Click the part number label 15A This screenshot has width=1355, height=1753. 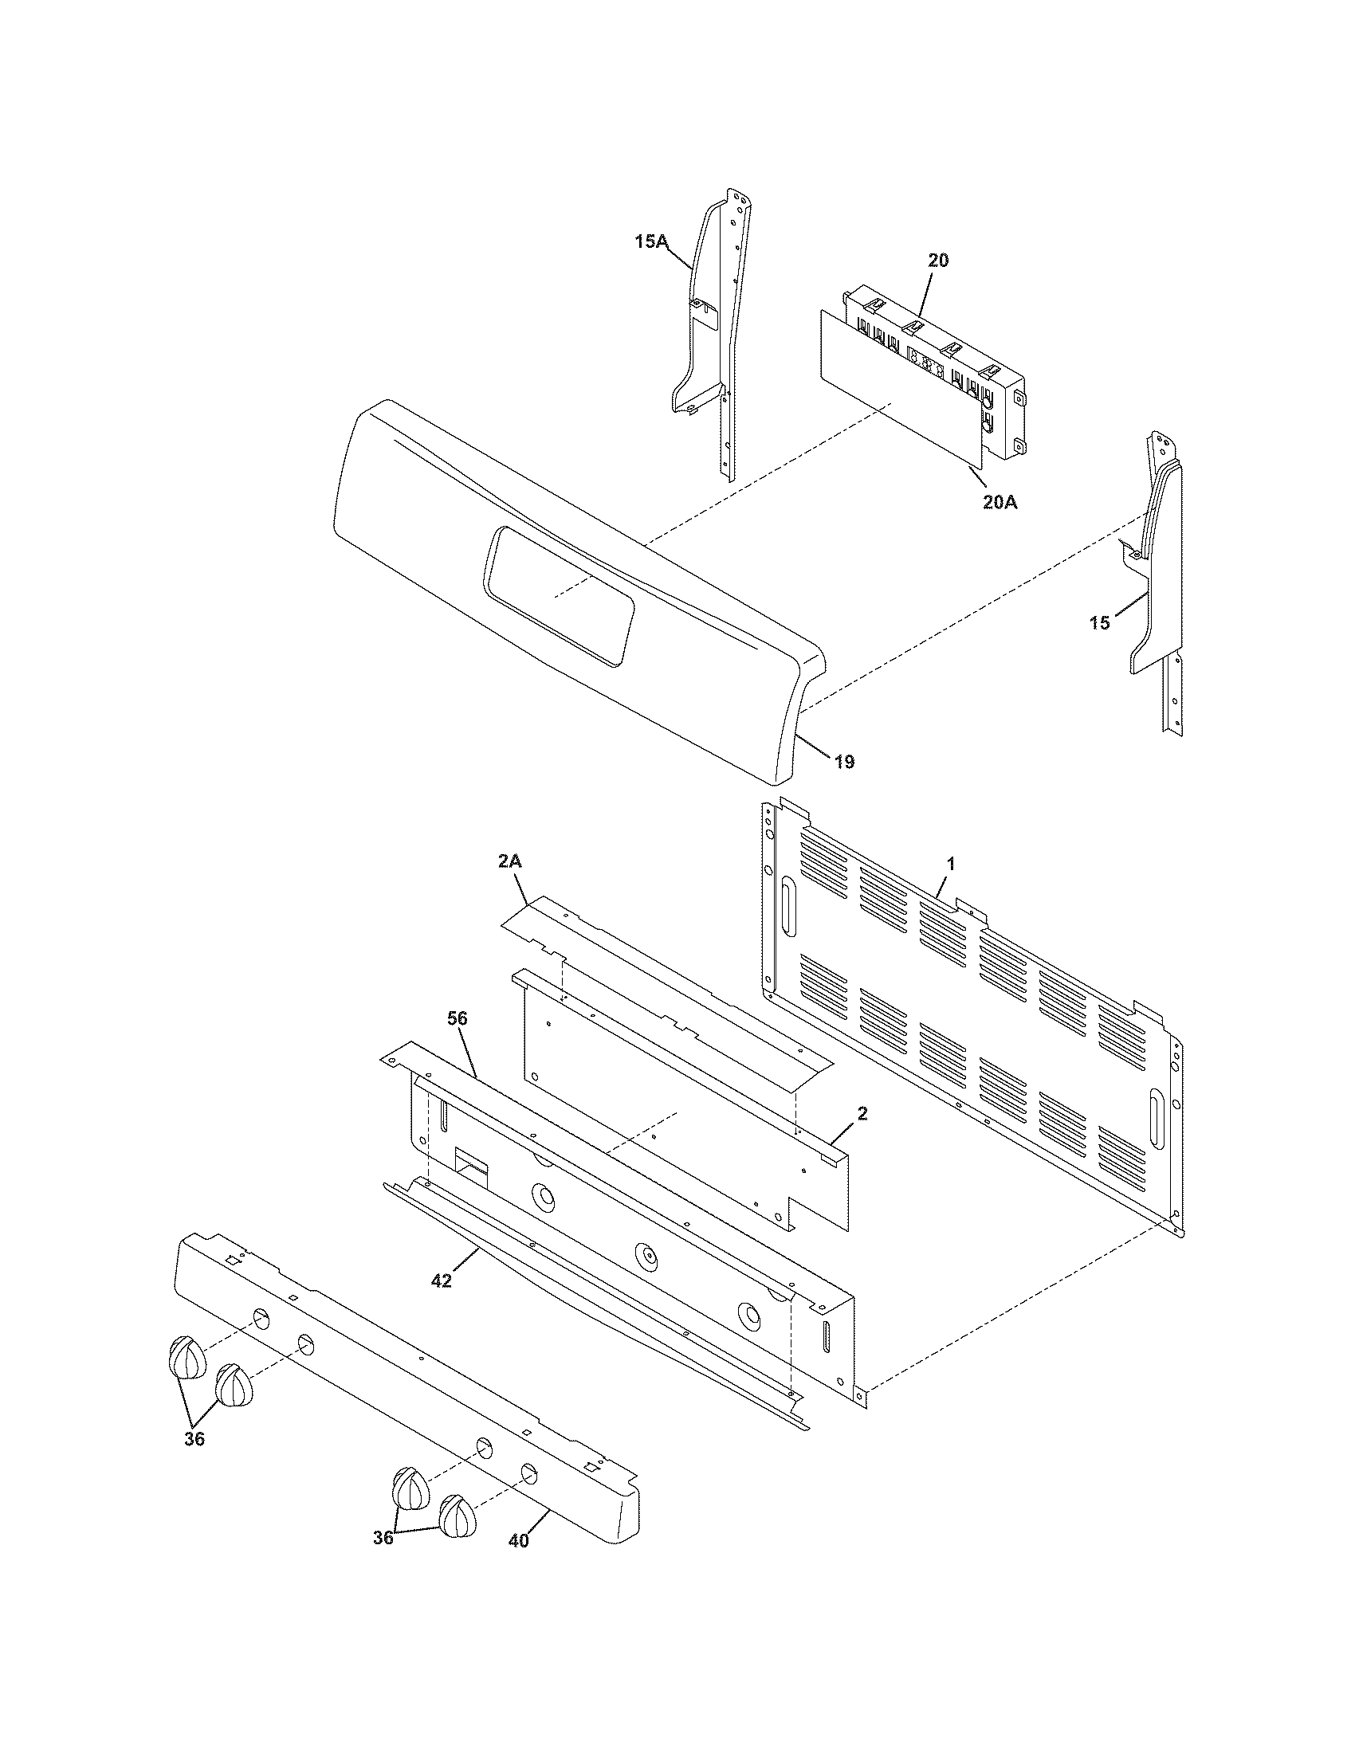[650, 241]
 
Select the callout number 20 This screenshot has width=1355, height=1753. [937, 261]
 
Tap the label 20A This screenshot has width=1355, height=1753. [1000, 503]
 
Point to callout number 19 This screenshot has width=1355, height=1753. [844, 762]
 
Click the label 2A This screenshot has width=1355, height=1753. [510, 861]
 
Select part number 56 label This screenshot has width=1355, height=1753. [457, 1019]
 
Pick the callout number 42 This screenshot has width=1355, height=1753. [442, 1281]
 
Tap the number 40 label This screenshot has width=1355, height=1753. [519, 1541]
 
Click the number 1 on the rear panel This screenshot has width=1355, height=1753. [951, 865]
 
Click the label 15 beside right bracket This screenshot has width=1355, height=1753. [1100, 622]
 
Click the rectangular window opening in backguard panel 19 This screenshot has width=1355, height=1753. [558, 595]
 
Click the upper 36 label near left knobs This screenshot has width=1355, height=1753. [194, 1439]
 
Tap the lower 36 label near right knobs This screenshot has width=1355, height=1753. [383, 1537]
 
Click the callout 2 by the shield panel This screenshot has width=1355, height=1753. [862, 1113]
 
